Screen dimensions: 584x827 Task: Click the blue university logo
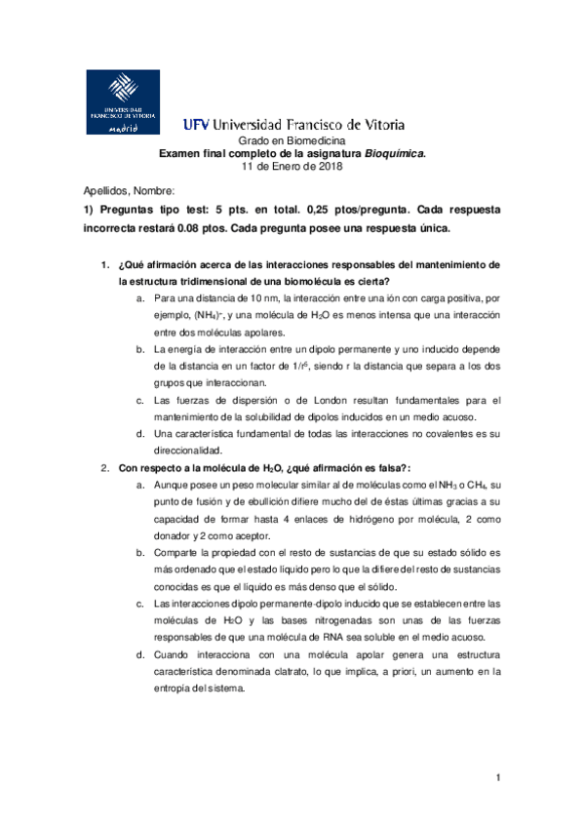(x=123, y=101)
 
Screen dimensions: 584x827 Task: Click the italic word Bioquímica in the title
(x=395, y=154)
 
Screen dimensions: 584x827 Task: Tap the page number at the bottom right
(x=498, y=776)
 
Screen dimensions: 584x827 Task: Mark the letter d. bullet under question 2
(x=141, y=654)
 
